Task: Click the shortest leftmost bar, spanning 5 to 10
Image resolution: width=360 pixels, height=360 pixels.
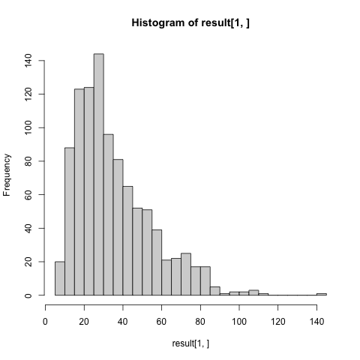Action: [x=59, y=279]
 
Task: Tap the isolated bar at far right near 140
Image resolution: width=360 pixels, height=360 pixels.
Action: [x=322, y=294]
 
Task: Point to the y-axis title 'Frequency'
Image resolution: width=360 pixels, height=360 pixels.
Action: [x=7, y=175]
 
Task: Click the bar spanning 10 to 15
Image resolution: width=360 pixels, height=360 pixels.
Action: [x=69, y=222]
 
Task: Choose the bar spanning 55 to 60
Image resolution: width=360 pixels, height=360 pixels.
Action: [x=157, y=262]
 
